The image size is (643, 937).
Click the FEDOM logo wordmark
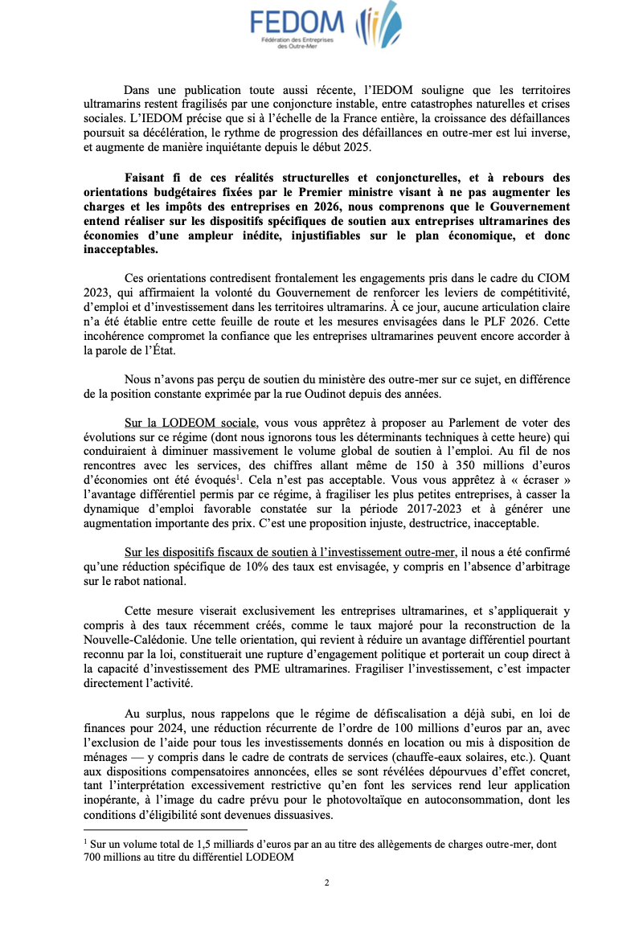296,22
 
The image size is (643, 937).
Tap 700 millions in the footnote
113,857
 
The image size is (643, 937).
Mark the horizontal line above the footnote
165,829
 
